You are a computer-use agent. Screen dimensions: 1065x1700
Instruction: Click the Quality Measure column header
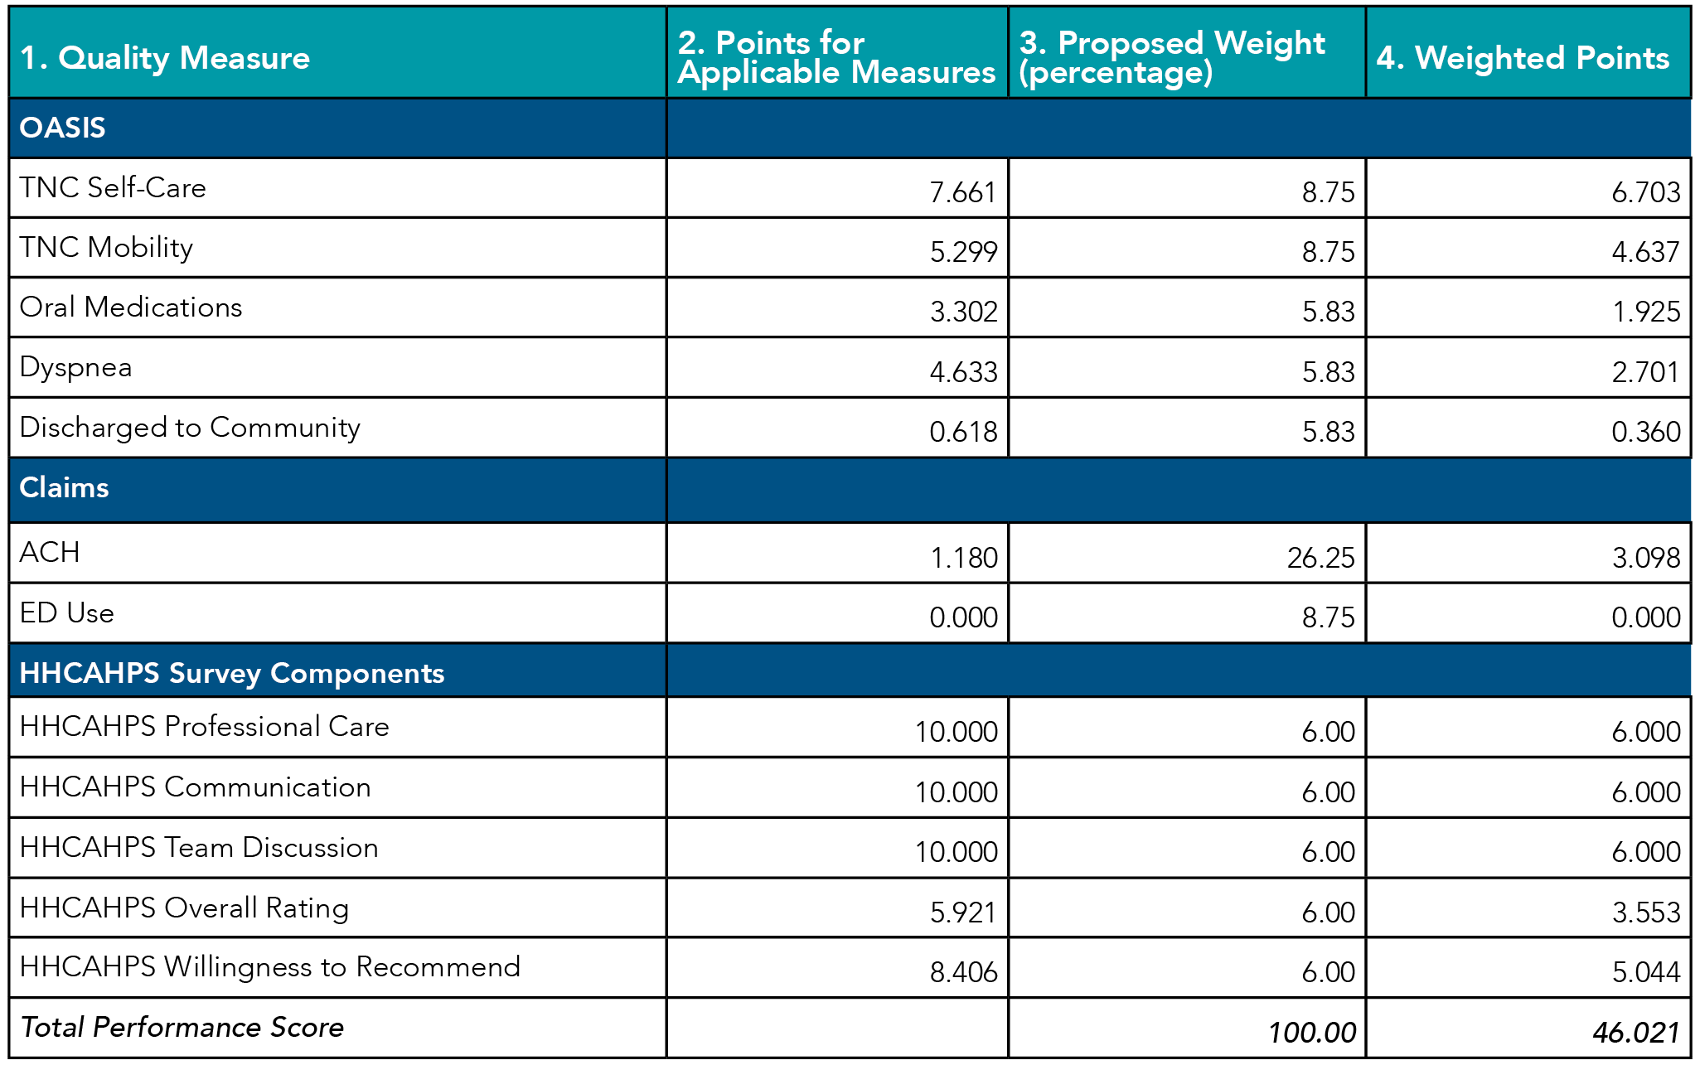pyautogui.click(x=164, y=58)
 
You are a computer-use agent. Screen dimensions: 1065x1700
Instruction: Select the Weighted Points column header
pyautogui.click(x=1523, y=58)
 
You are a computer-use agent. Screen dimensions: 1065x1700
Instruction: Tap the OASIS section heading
pyautogui.click(x=63, y=128)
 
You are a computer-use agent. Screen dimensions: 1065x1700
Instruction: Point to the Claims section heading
pyautogui.click(x=64, y=487)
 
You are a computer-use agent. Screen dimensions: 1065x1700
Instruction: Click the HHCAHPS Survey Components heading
pyautogui.click(x=232, y=673)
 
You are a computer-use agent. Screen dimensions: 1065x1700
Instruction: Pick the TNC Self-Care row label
pyautogui.click(x=113, y=188)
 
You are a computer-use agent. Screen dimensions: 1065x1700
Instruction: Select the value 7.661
pyautogui.click(x=962, y=192)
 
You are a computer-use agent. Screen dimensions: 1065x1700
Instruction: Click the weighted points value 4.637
pyautogui.click(x=1645, y=252)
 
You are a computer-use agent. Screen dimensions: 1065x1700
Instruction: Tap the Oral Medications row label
pyautogui.click(x=131, y=307)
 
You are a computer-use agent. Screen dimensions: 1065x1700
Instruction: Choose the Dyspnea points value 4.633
pyautogui.click(x=963, y=372)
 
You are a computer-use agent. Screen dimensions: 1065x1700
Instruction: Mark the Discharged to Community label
pyautogui.click(x=190, y=428)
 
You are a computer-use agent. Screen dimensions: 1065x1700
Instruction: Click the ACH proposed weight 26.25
pyautogui.click(x=1320, y=558)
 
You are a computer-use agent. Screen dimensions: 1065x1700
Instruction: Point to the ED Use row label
pyautogui.click(x=67, y=613)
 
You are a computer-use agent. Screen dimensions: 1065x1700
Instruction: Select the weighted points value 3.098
pyautogui.click(x=1645, y=558)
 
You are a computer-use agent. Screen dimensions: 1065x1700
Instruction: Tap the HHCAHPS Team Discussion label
pyautogui.click(x=199, y=848)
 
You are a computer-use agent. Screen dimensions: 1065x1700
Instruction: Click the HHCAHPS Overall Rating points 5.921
pyautogui.click(x=962, y=913)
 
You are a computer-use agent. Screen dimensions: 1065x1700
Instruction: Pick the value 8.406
pyautogui.click(x=963, y=972)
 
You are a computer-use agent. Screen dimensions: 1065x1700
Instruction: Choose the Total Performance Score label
pyautogui.click(x=182, y=1028)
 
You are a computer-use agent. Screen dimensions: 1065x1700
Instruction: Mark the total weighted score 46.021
pyautogui.click(x=1635, y=1033)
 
